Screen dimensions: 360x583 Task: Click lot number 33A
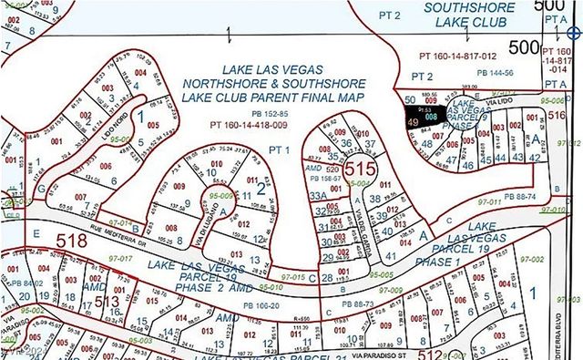[316, 195]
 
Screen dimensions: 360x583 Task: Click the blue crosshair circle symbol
[573, 32]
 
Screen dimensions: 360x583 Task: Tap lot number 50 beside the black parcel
[411, 99]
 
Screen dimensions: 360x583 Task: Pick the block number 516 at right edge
[557, 117]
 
